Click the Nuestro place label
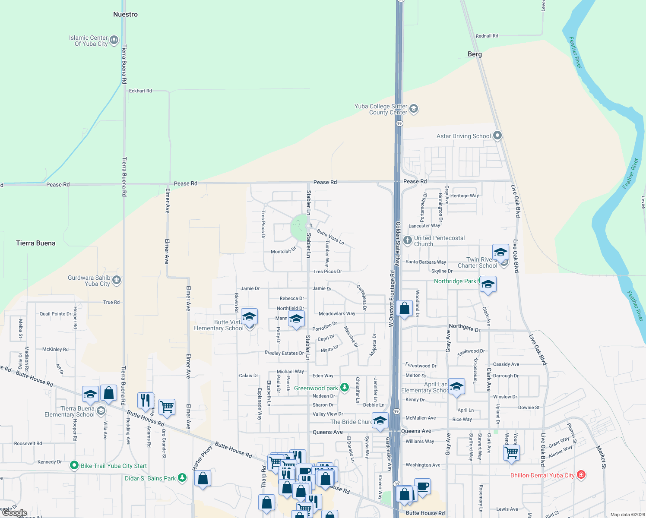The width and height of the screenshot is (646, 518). pos(125,14)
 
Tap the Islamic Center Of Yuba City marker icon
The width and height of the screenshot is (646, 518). pos(114,41)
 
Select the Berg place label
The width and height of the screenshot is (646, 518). pos(475,54)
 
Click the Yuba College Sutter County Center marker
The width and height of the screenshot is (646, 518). pos(414,109)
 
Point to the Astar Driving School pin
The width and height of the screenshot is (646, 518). pos(497,136)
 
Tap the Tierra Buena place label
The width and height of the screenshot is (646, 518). pos(36,243)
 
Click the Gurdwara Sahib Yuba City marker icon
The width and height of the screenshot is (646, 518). pos(116,281)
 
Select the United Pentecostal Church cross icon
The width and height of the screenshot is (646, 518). pos(407,240)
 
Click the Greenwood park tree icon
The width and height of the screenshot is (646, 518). pos(344,388)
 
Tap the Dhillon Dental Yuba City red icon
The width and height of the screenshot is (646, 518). pos(581,475)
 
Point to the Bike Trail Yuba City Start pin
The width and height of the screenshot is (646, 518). pos(74,465)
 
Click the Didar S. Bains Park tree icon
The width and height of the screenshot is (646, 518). pos(182,477)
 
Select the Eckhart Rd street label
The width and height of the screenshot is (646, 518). pos(140,91)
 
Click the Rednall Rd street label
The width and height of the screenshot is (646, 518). pos(487,36)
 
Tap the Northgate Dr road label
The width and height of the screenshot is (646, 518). pos(465,328)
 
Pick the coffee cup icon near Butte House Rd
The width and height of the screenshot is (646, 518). pos(422,486)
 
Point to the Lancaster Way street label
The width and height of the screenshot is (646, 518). pos(424,226)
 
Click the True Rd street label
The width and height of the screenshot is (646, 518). pos(111,302)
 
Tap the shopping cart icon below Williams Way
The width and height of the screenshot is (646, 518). pos(511,453)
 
